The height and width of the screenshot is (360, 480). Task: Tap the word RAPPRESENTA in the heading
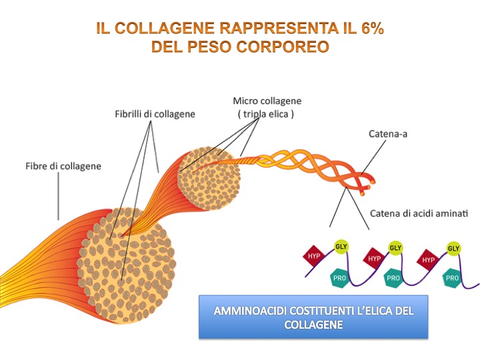coord(263,29)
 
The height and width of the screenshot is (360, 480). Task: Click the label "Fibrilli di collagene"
coord(155,114)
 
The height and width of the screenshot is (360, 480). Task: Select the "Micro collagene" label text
coord(267,101)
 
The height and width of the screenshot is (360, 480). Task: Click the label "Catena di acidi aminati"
coord(419,213)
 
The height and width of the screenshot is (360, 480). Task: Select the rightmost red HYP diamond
coord(428,259)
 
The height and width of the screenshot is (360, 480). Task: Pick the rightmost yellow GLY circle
coord(454,248)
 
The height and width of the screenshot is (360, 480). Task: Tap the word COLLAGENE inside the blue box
coord(313,325)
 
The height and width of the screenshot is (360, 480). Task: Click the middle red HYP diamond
coord(374,258)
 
